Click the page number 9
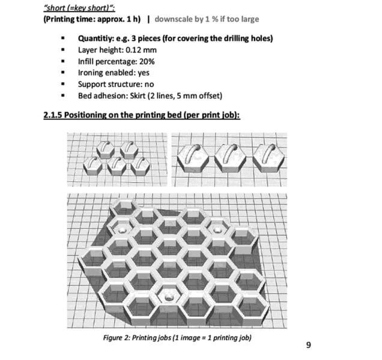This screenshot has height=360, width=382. (308, 344)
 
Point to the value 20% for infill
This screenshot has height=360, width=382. (147, 61)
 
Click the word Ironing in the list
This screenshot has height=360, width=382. (91, 73)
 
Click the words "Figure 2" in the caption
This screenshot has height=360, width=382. (117, 338)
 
